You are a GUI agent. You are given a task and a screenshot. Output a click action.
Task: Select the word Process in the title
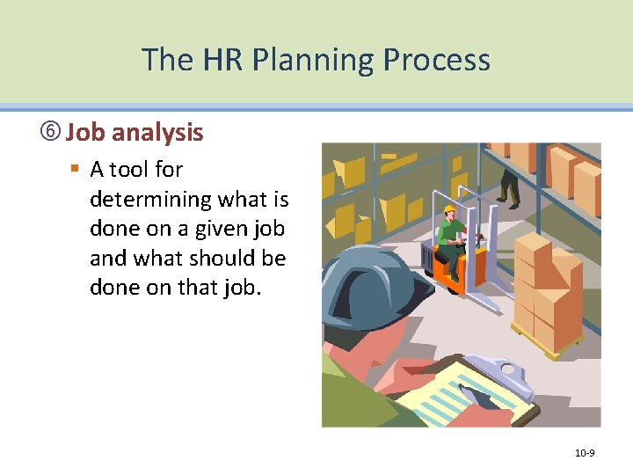[436, 61]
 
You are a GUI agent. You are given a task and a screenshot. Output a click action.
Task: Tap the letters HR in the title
[216, 61]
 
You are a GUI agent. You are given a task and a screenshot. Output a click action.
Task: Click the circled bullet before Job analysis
[51, 133]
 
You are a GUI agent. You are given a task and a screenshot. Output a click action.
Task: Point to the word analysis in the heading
[158, 133]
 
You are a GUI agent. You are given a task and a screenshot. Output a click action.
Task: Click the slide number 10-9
[585, 453]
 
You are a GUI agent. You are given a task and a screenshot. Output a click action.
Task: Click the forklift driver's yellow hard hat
[449, 209]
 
